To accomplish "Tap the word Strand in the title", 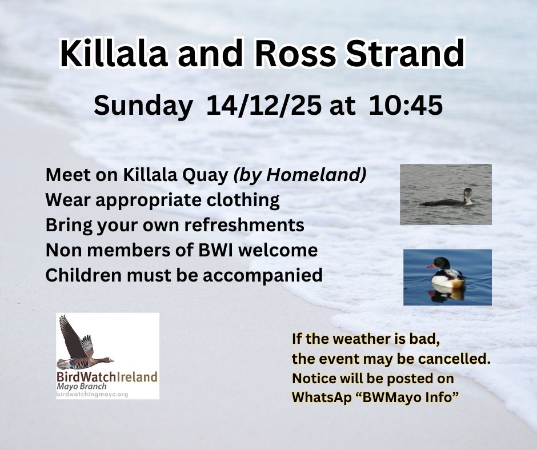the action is coord(405,54).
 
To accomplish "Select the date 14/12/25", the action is coord(264,105).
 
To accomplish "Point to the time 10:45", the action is coord(406,105).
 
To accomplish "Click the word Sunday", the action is coord(143,106).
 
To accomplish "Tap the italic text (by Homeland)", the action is coord(300,175).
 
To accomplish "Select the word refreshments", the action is coord(244,225).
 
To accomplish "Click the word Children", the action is coord(83,275).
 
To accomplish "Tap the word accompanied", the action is coord(263,276).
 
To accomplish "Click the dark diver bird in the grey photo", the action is coord(448,199).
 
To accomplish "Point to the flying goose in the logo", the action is coord(85,343).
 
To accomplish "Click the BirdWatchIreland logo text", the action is coord(107,377).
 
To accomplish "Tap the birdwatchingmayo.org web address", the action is coord(92,395).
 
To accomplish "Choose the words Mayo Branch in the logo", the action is coord(82,387).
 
